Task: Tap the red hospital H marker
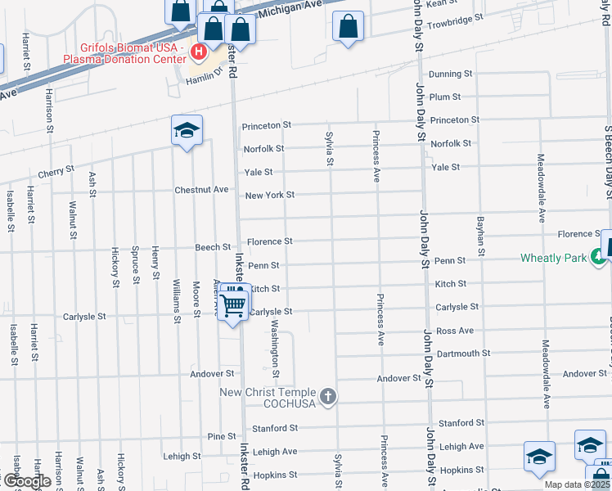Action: [x=198, y=54]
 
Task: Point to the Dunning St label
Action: [x=450, y=74]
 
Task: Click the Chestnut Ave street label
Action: [x=201, y=190]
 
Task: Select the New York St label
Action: [x=269, y=195]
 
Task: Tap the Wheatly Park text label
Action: [x=553, y=259]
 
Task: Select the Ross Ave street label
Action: [x=455, y=331]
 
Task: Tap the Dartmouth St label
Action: [x=463, y=354]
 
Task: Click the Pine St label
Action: [x=222, y=436]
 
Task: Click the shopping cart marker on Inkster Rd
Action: [x=234, y=304]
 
